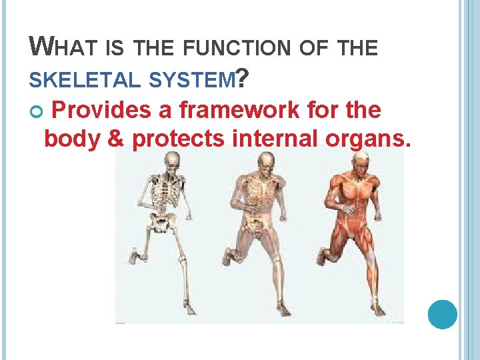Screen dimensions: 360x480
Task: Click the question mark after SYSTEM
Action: point(243,80)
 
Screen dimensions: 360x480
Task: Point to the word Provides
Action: point(101,111)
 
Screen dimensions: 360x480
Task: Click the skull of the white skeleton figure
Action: point(172,160)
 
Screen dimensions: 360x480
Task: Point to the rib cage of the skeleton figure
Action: point(165,193)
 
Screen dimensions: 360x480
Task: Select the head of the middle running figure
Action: point(265,161)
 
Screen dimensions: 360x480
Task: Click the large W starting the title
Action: point(40,47)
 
